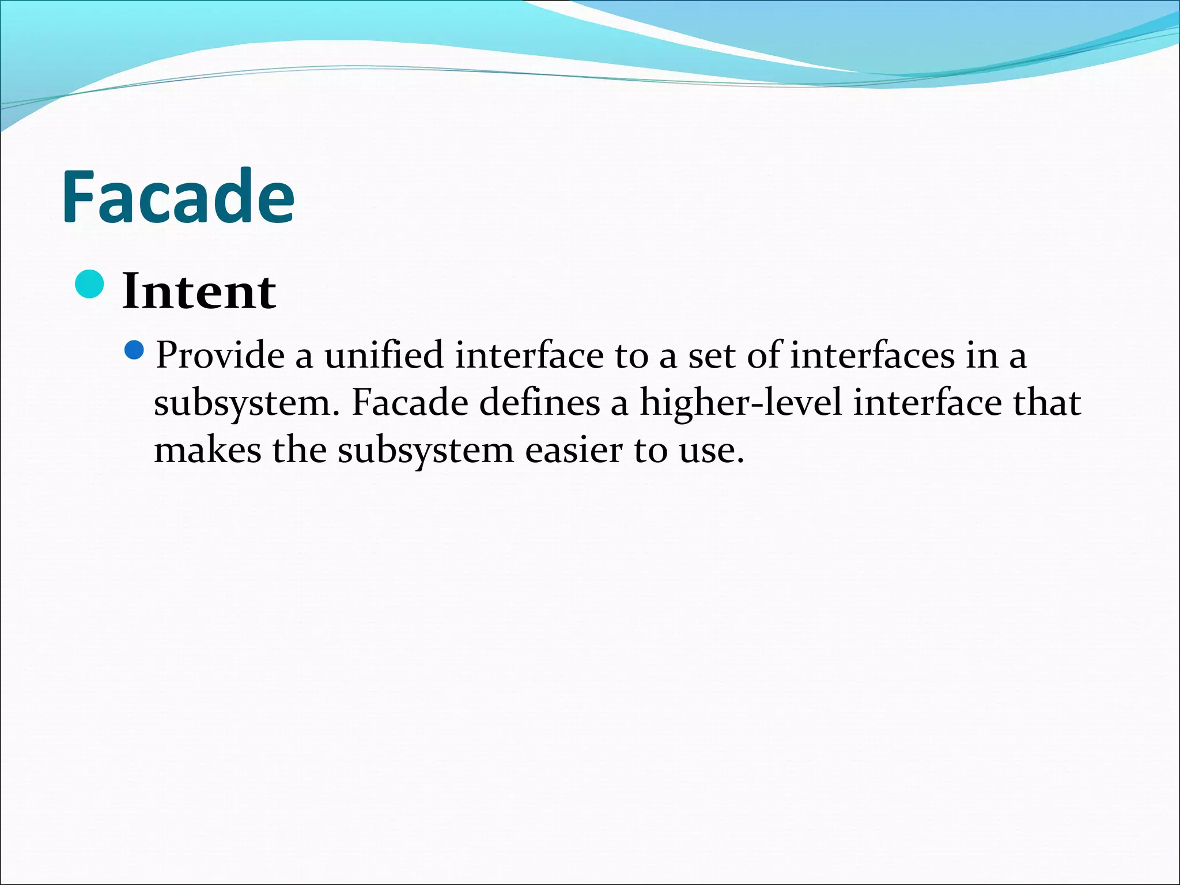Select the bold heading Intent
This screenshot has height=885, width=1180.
pos(199,292)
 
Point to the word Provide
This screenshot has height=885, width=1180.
pos(220,355)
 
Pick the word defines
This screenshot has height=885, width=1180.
pos(539,403)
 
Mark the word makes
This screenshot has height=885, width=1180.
pos(207,450)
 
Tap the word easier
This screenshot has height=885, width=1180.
pos(573,450)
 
